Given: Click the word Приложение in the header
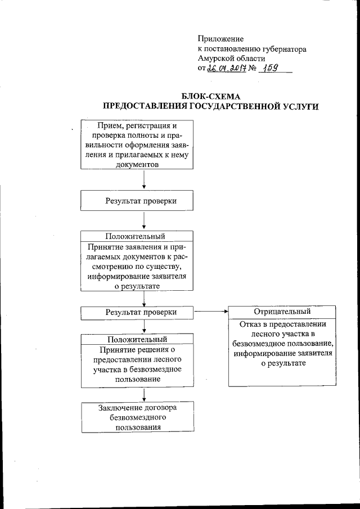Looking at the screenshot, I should (x=220, y=39).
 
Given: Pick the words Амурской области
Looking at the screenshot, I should (x=232, y=58).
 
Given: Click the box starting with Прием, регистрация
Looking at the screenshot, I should (x=137, y=145).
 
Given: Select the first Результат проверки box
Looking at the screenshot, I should (x=137, y=201).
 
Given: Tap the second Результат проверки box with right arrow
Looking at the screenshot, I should (x=137, y=312).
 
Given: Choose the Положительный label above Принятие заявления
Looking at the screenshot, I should (x=137, y=236).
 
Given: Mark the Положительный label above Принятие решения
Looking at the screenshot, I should (x=137, y=339).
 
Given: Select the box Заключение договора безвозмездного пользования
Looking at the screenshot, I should (x=137, y=417).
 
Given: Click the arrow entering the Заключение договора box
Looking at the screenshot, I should (x=145, y=395).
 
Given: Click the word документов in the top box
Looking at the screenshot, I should (x=137, y=164).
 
